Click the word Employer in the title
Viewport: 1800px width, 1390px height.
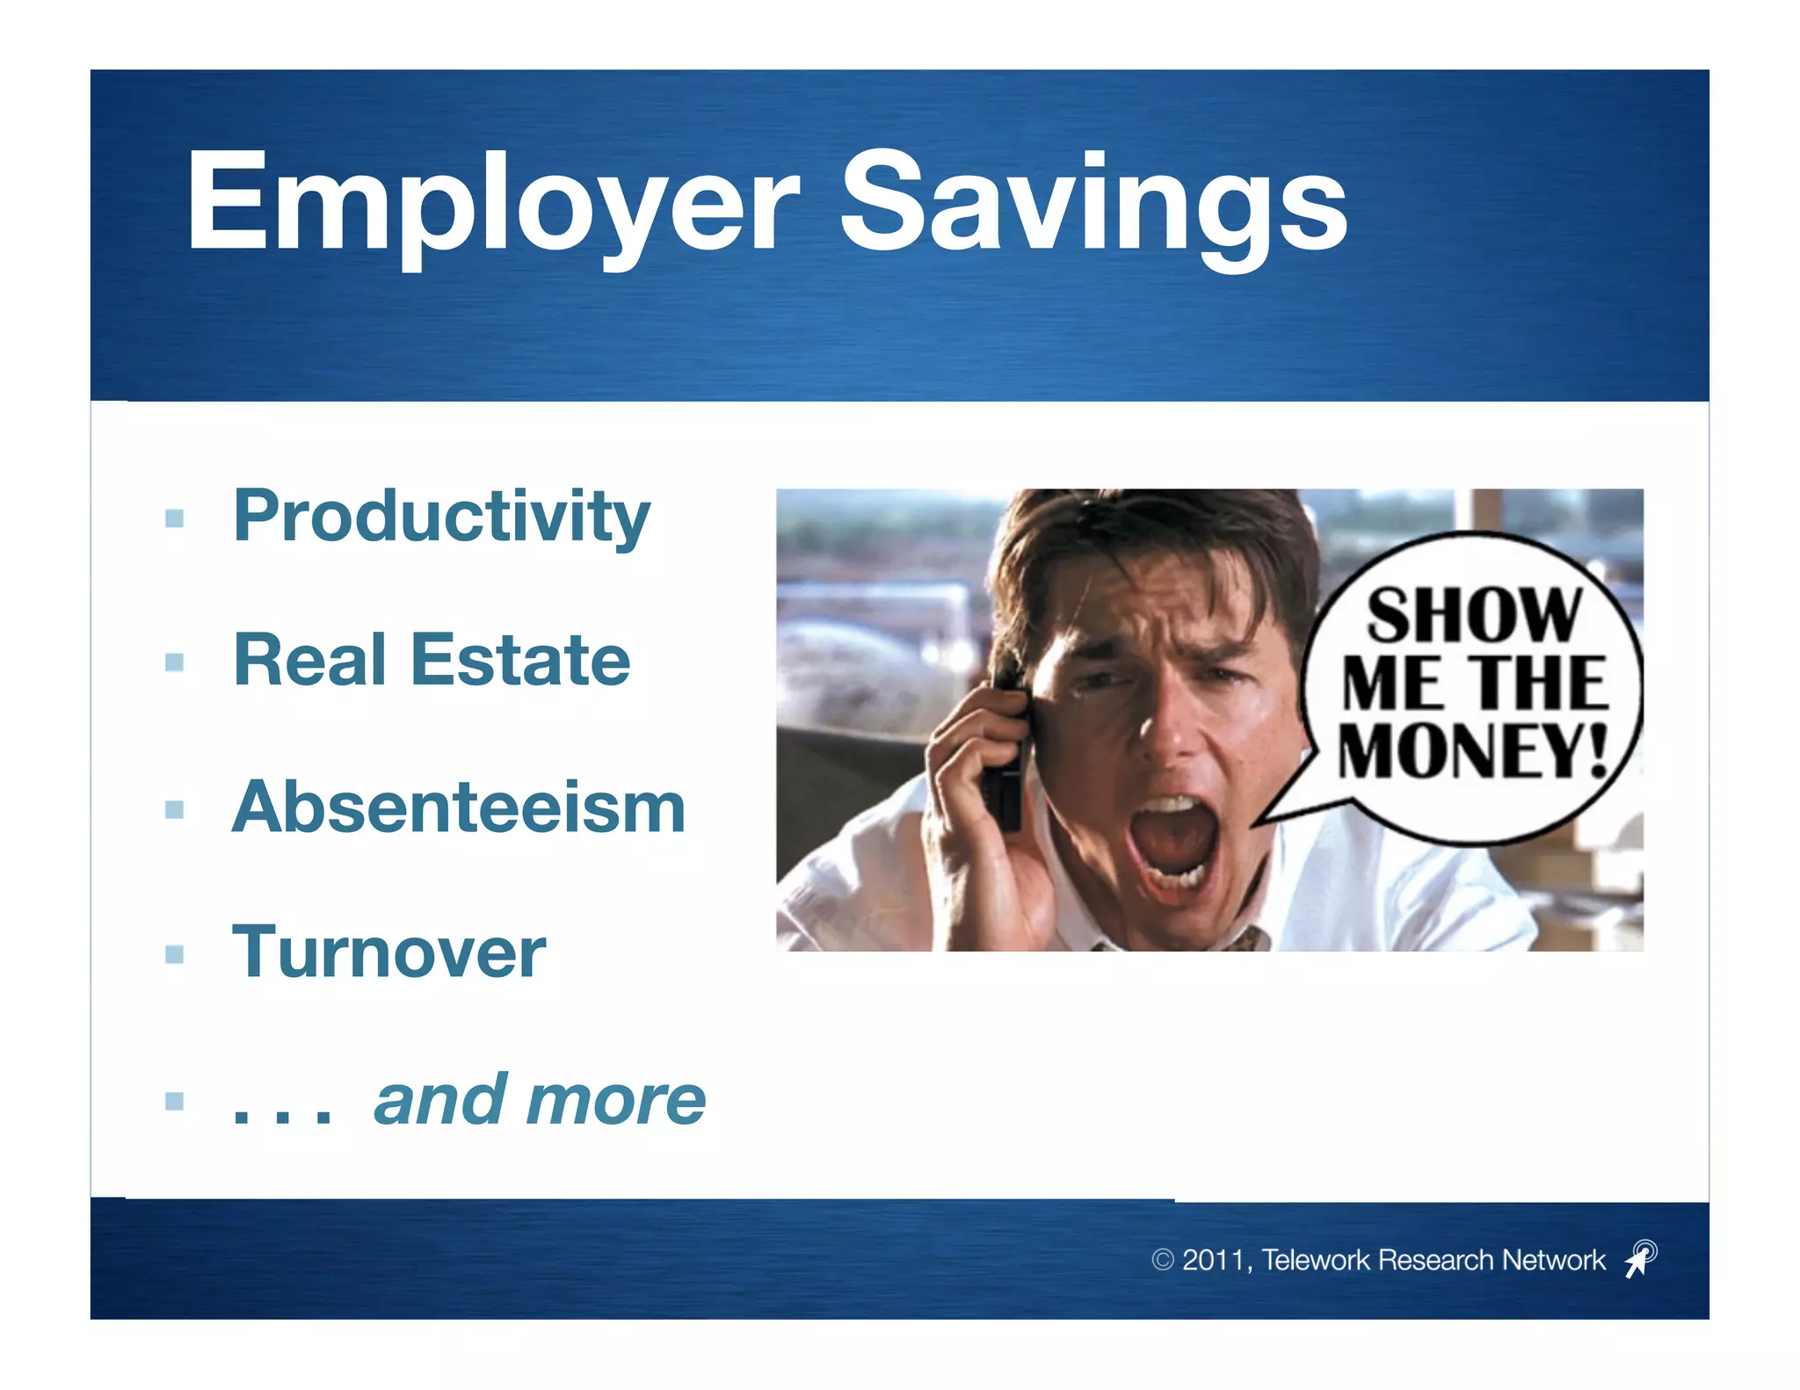coord(492,204)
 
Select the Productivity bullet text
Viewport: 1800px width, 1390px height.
coord(441,517)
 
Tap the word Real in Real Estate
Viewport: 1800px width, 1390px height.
coord(309,660)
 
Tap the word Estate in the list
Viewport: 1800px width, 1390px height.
coord(520,660)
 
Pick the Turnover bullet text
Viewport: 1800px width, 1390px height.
coord(388,952)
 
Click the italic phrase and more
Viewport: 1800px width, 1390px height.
coord(539,1100)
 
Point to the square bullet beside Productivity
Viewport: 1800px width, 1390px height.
coord(174,518)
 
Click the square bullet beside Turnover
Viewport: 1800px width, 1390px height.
coord(174,954)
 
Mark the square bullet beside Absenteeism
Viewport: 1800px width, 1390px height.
coord(174,808)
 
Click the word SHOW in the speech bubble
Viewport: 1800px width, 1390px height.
coord(1474,616)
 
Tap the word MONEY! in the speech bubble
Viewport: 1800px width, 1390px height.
coord(1472,751)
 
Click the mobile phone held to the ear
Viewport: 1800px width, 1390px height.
coord(1008,756)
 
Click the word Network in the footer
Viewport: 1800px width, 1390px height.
coord(1554,1260)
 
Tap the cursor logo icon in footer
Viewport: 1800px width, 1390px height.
coord(1640,1258)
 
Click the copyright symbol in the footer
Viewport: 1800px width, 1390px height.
coord(1162,1260)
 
